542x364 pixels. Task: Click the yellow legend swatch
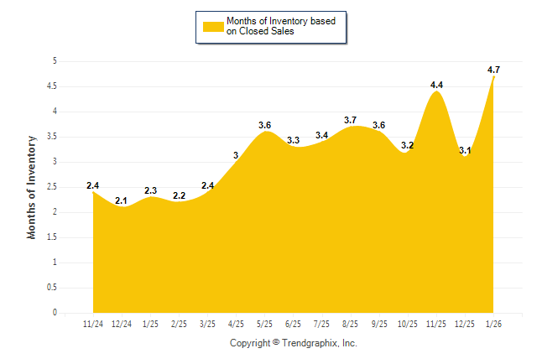(213, 26)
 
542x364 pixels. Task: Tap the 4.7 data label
(494, 70)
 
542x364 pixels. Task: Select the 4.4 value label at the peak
(436, 85)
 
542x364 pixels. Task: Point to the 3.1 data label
(465, 151)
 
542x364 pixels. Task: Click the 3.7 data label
(350, 120)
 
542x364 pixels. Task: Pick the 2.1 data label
(122, 200)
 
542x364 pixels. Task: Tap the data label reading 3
(237, 155)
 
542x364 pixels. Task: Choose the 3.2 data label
(408, 145)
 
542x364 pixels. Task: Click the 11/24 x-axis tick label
(92, 323)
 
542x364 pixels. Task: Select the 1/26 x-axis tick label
(494, 323)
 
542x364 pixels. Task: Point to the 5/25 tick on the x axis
(264, 323)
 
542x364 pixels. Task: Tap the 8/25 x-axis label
(351, 323)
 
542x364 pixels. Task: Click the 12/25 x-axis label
(466, 323)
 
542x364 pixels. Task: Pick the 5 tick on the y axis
(55, 61)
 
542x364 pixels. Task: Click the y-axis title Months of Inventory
(32, 187)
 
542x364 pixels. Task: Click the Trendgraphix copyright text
(294, 343)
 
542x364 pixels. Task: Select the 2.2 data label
(179, 195)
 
